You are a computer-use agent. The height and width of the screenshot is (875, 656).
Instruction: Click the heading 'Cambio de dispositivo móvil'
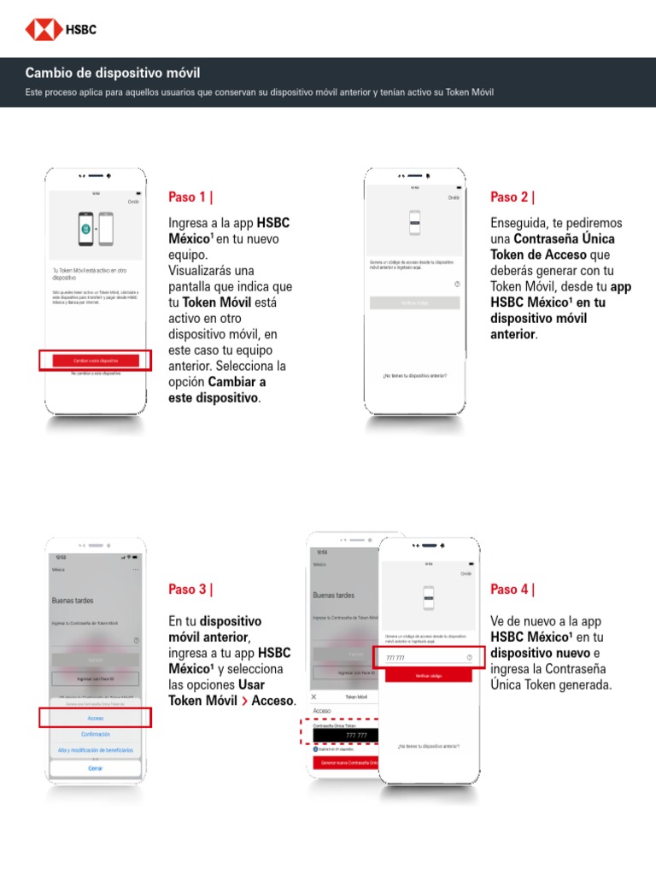(x=113, y=73)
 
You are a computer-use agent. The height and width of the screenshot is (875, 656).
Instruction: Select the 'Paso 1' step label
(x=190, y=197)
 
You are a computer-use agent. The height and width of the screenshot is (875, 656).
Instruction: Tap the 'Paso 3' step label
(x=190, y=590)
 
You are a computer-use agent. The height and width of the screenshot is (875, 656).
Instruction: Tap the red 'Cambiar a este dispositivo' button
(x=95, y=361)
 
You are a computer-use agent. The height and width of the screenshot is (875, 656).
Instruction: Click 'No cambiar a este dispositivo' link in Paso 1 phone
(x=95, y=374)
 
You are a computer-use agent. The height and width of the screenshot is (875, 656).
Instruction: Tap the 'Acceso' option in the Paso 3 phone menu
(x=95, y=718)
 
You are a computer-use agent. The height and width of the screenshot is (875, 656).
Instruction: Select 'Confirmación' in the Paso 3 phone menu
(x=95, y=734)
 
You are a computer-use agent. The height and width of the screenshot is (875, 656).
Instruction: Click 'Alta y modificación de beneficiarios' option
(x=95, y=750)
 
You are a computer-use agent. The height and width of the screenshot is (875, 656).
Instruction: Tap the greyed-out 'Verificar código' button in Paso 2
(x=414, y=302)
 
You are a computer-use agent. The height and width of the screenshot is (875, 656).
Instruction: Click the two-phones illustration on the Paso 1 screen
(x=95, y=228)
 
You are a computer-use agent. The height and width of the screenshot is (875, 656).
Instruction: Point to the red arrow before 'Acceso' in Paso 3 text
(x=245, y=702)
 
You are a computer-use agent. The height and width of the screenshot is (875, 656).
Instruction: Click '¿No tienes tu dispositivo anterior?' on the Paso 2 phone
(x=414, y=376)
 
